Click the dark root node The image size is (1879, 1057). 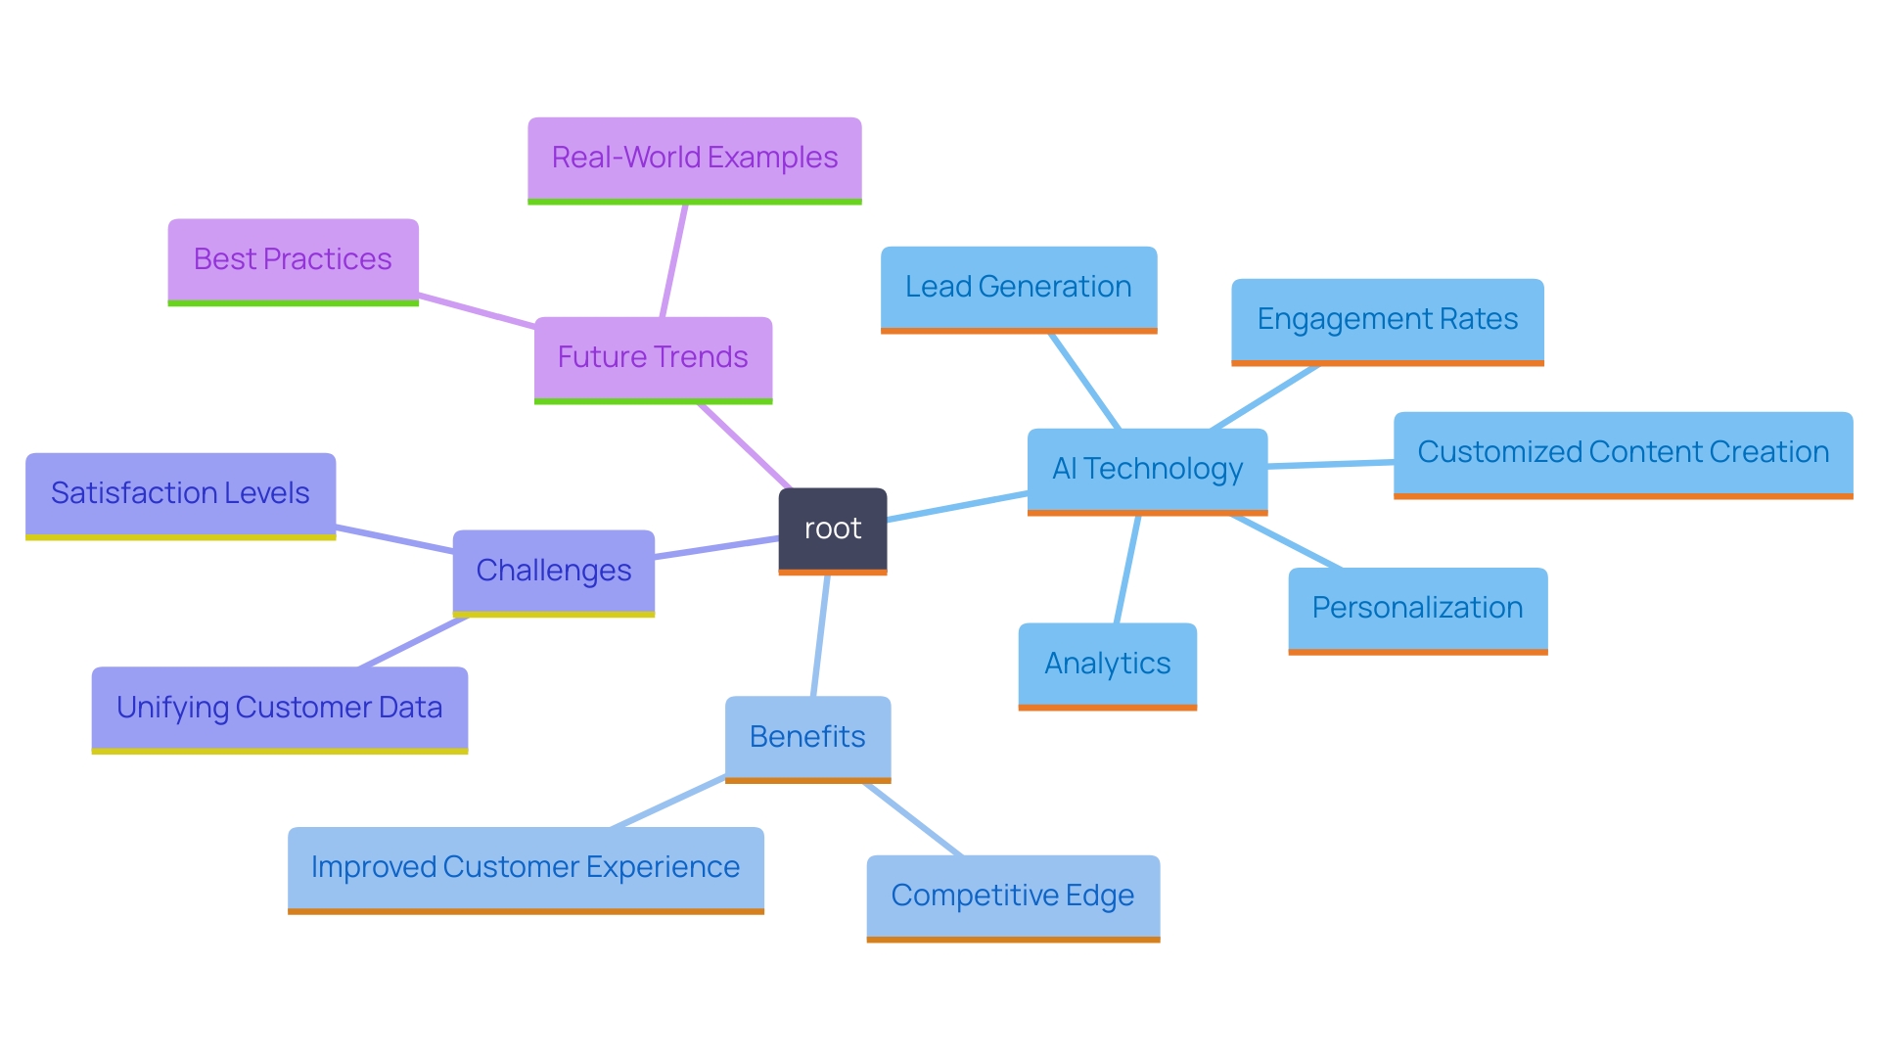click(833, 529)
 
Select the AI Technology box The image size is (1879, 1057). click(1147, 470)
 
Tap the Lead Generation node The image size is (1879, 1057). click(1018, 288)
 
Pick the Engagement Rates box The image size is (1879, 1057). click(1387, 320)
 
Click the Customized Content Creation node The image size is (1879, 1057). click(1623, 453)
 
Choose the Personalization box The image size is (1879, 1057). click(1417, 609)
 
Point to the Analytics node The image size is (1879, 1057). click(1107, 665)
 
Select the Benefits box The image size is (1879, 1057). click(807, 737)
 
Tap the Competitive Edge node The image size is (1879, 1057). click(1013, 896)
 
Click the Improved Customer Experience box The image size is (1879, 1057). click(526, 868)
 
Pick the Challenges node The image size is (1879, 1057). click(553, 572)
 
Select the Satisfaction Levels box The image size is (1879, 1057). click(180, 494)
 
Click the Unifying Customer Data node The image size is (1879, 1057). click(279, 709)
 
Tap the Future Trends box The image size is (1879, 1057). click(653, 358)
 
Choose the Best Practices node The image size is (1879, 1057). click(293, 260)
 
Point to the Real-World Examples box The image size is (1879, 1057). click(694, 159)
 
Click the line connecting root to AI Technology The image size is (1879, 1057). click(957, 506)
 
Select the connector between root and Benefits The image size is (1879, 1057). click(820, 636)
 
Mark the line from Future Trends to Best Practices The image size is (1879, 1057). click(477, 310)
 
